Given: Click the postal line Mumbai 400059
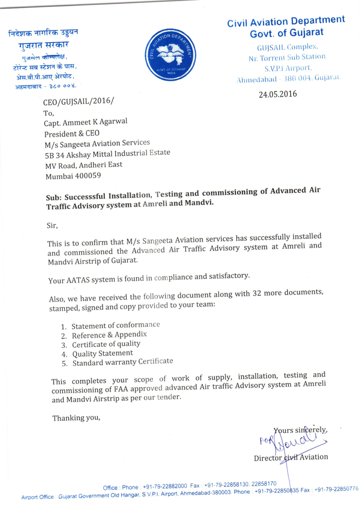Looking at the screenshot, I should [x=73, y=175].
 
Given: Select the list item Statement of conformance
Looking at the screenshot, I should [x=116, y=325].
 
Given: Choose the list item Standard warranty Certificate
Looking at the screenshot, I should [x=122, y=362].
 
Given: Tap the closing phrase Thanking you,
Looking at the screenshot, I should [x=76, y=417].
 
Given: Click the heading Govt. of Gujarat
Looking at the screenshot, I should [x=286, y=32].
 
